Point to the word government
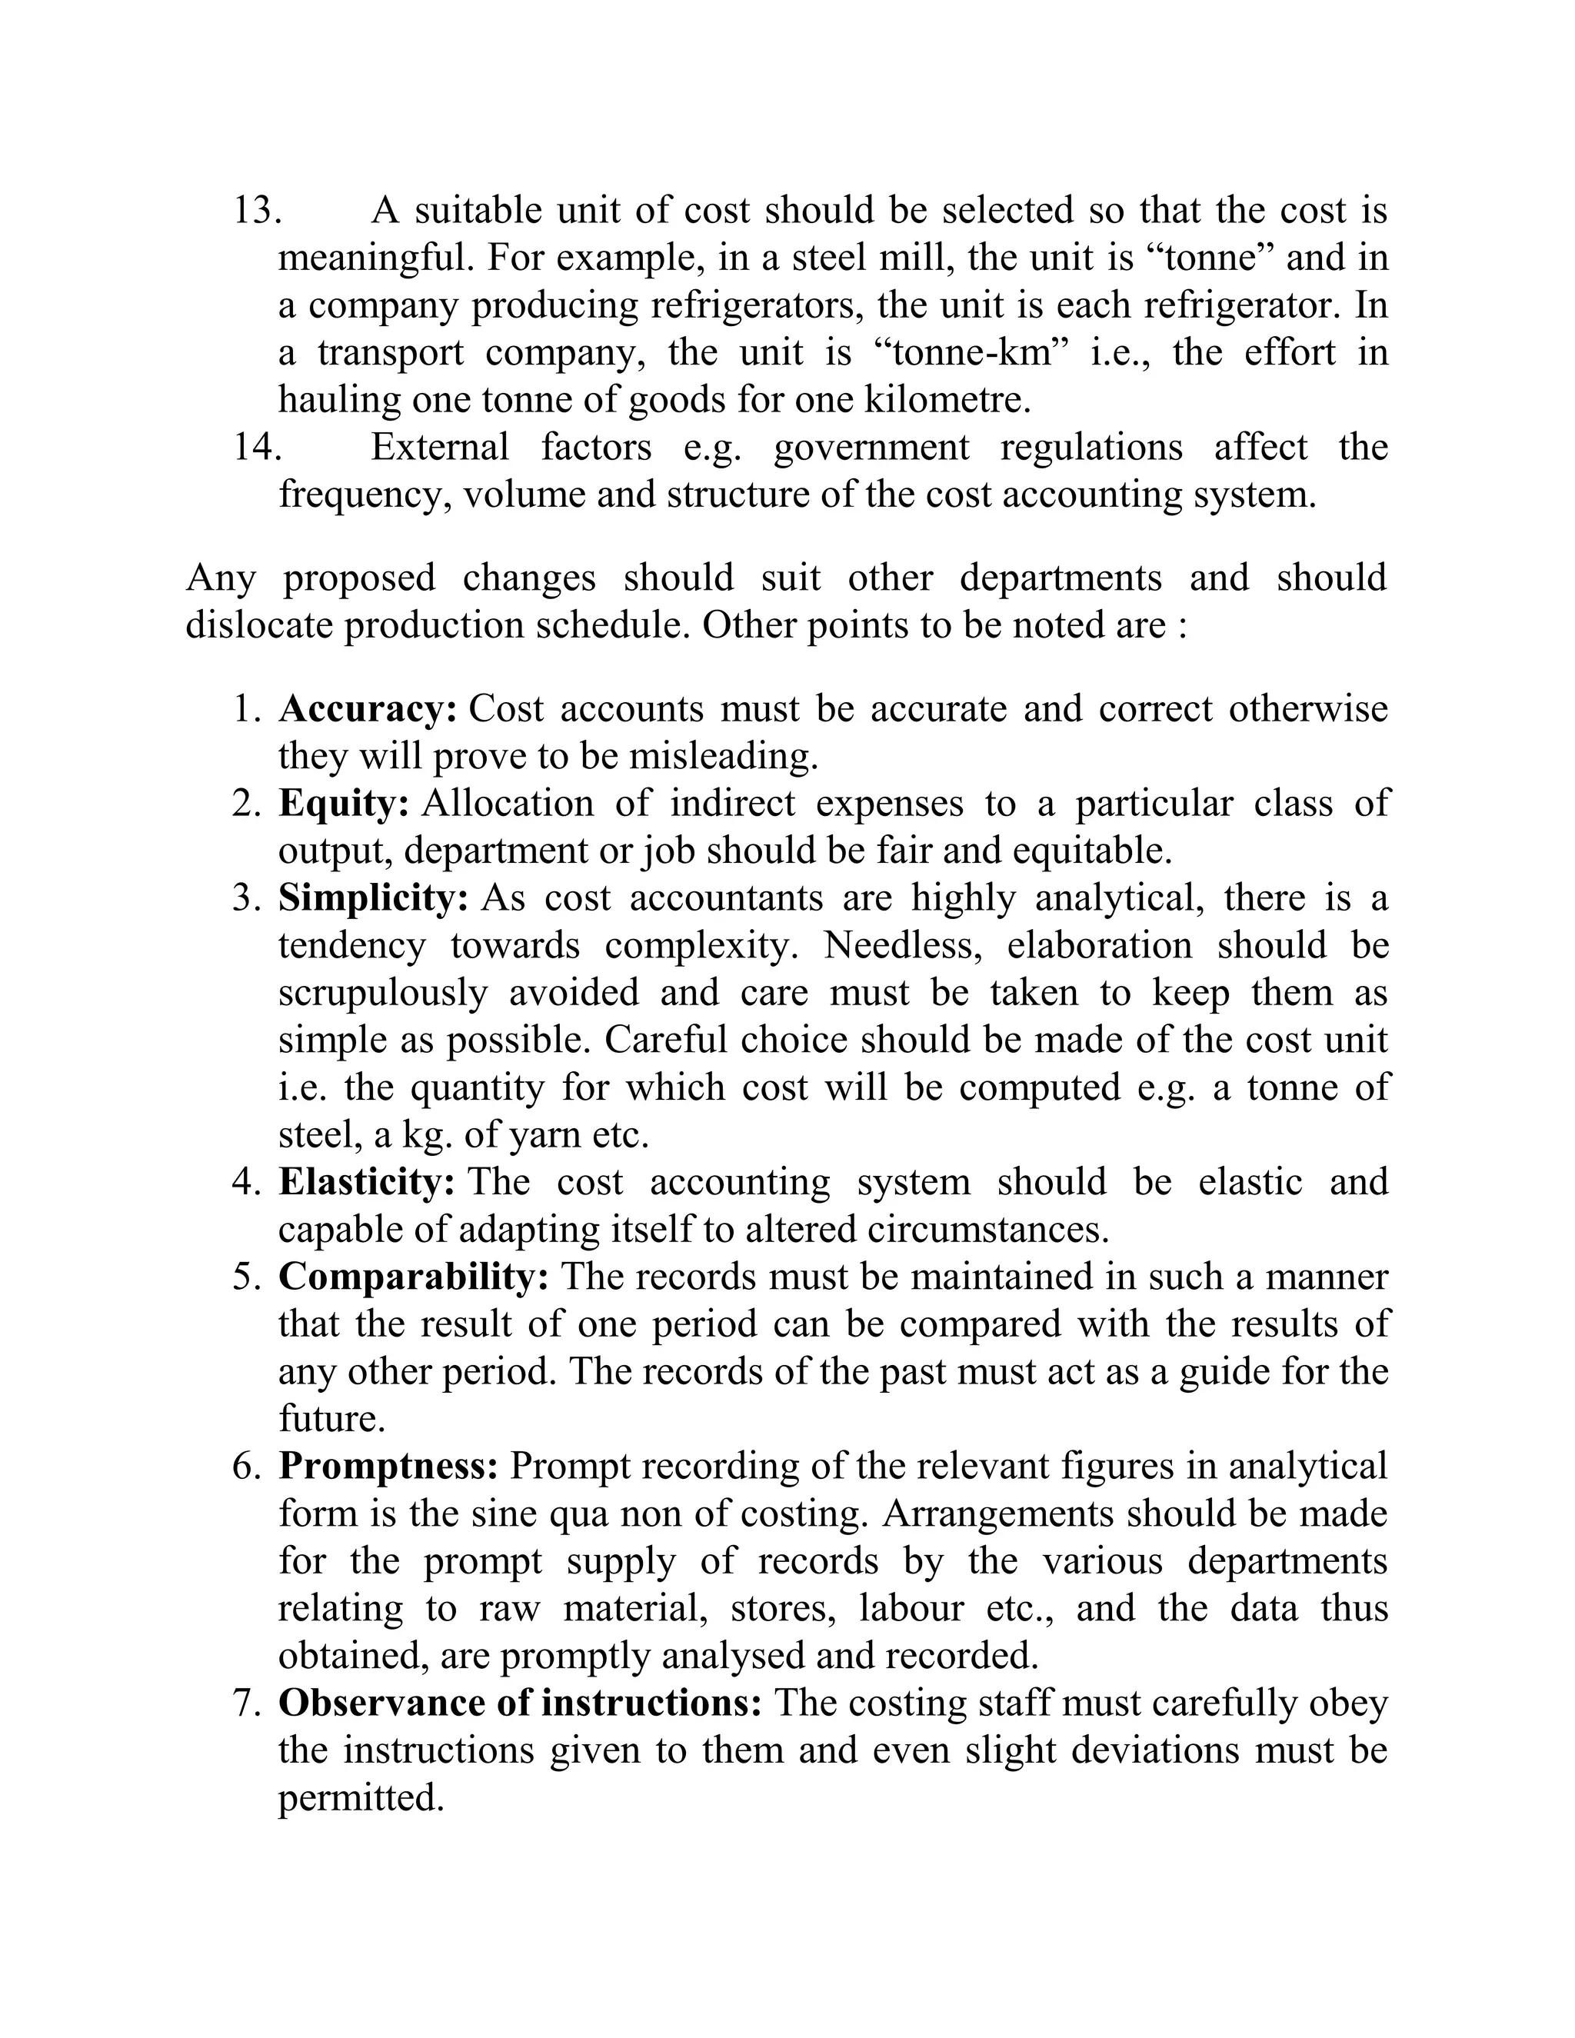pyautogui.click(x=871, y=448)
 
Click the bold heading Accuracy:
pyautogui.click(x=368, y=709)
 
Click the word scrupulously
pyautogui.click(x=382, y=994)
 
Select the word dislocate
pyautogui.click(x=258, y=626)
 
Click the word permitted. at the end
pyautogui.click(x=360, y=1799)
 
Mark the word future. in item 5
pyautogui.click(x=332, y=1420)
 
